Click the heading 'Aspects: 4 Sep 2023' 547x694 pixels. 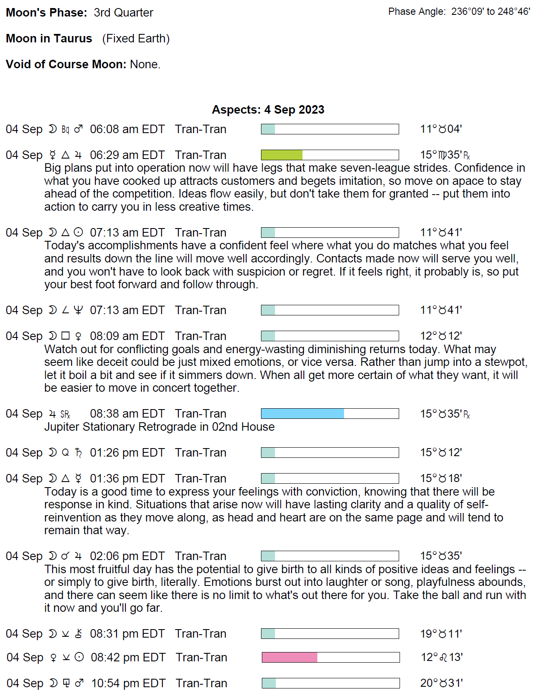pyautogui.click(x=268, y=109)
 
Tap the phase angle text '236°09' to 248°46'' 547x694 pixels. pyautogui.click(x=490, y=12)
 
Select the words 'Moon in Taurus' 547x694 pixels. pyautogui.click(x=49, y=39)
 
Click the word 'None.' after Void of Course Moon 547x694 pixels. pyautogui.click(x=145, y=64)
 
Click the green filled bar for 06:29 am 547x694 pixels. pyautogui.click(x=282, y=155)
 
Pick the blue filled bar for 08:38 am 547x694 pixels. pyautogui.click(x=303, y=413)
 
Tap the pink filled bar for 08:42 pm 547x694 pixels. pyautogui.click(x=290, y=657)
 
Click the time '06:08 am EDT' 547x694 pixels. pyautogui.click(x=127, y=129)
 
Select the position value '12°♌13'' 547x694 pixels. pyautogui.click(x=441, y=657)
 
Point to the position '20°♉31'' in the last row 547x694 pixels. pyautogui.click(x=441, y=683)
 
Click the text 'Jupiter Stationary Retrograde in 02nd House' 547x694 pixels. pyautogui.click(x=159, y=426)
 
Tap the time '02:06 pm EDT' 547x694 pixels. pyautogui.click(x=127, y=556)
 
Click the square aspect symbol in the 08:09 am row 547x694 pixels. pyautogui.click(x=65, y=336)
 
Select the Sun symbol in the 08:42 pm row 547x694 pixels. pyautogui.click(x=79, y=657)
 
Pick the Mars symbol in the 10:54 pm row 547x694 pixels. pyautogui.click(x=79, y=683)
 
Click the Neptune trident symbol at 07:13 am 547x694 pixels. pyautogui.click(x=78, y=310)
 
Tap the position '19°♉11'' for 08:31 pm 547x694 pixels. pyautogui.click(x=441, y=634)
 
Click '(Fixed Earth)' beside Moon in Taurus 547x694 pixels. pyautogui.click(x=136, y=39)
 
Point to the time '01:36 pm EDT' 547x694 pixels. pyautogui.click(x=127, y=478)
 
